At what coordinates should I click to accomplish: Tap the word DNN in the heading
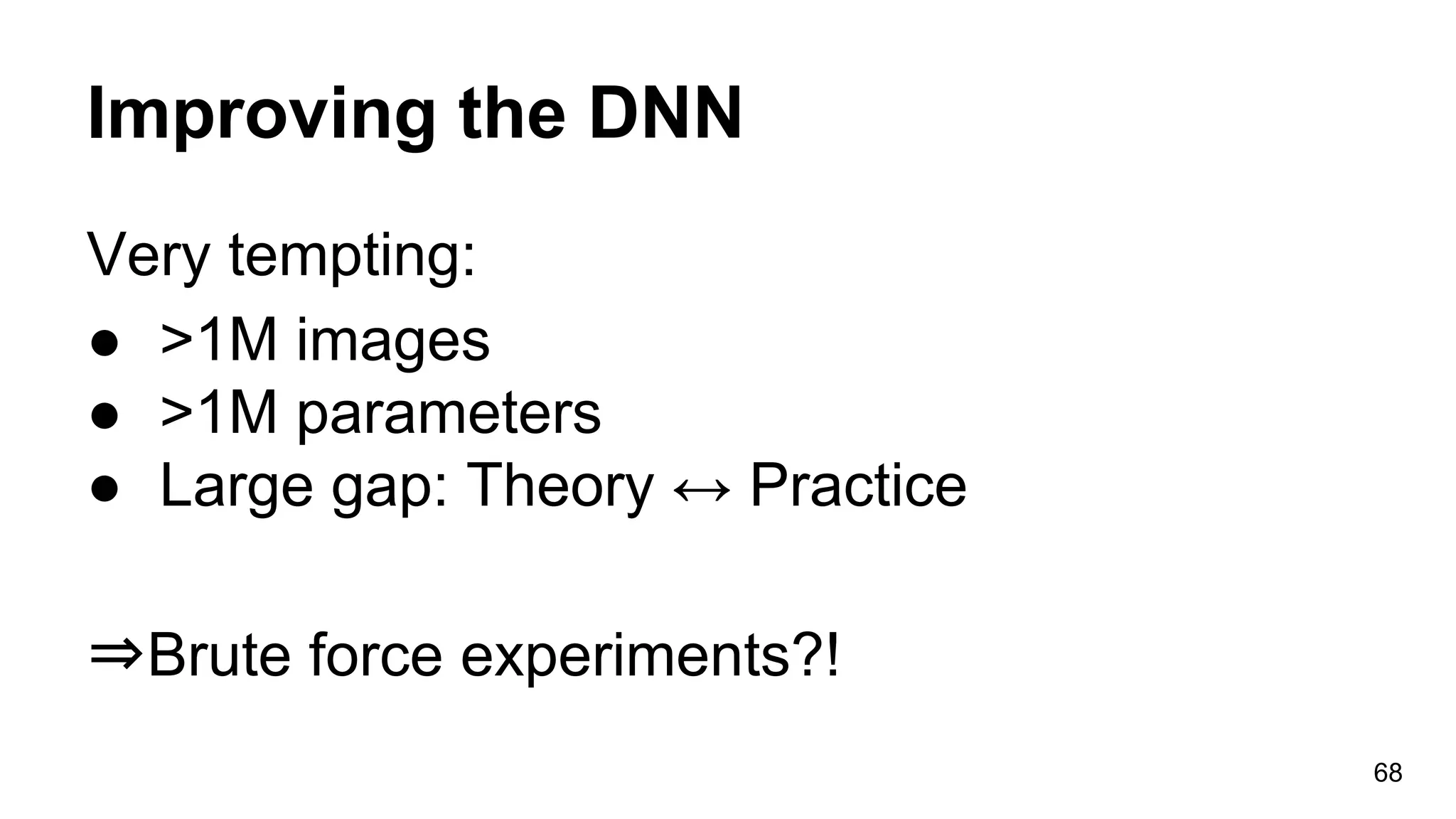click(x=665, y=114)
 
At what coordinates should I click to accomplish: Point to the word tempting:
click(x=351, y=257)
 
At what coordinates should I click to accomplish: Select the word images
click(x=392, y=341)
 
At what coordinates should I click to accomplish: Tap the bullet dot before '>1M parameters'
click(x=104, y=416)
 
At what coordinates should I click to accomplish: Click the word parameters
click(x=448, y=415)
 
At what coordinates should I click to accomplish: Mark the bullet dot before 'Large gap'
click(x=104, y=489)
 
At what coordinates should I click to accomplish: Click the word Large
click(x=236, y=486)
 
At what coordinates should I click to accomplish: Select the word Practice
click(x=858, y=486)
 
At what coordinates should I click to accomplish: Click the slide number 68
click(x=1387, y=773)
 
